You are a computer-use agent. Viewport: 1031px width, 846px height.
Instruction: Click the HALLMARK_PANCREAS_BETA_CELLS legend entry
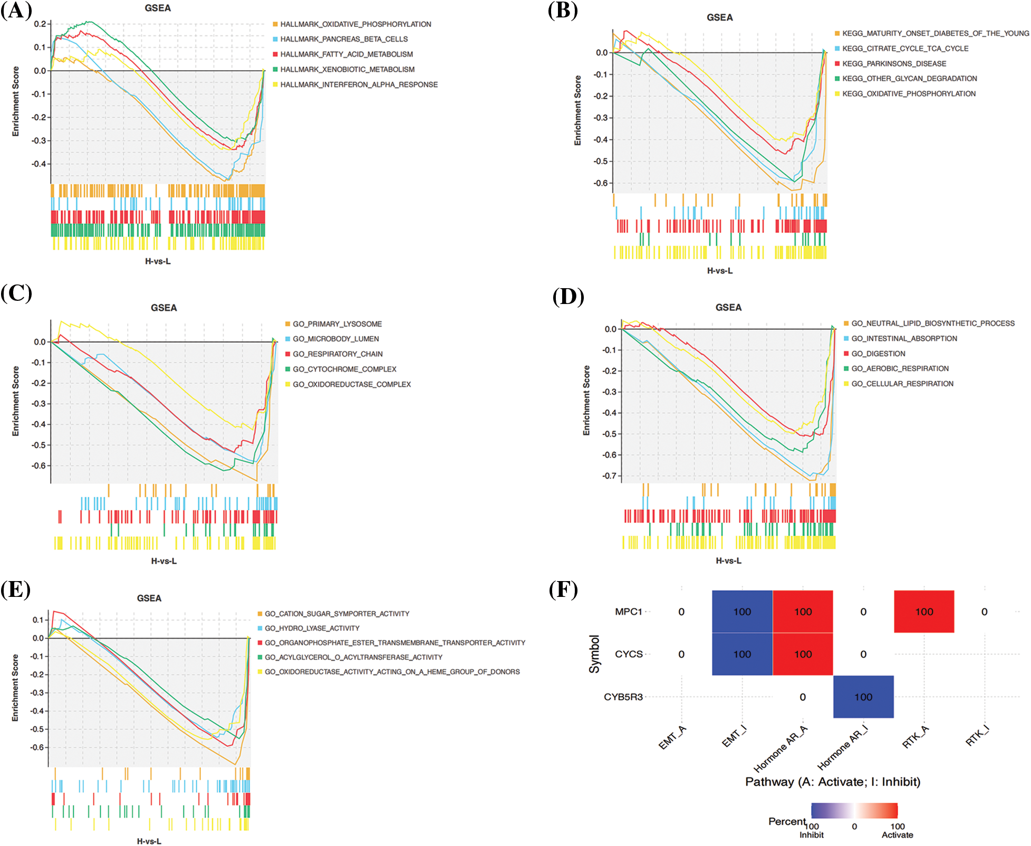coord(344,39)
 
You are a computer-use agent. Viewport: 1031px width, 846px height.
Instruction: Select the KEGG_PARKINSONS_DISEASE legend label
coord(894,64)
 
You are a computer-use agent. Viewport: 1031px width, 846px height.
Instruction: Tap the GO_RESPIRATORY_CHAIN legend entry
coord(338,354)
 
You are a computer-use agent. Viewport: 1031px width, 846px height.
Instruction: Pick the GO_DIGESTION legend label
coord(878,354)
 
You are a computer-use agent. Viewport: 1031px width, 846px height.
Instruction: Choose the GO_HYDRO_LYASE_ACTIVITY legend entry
coord(312,628)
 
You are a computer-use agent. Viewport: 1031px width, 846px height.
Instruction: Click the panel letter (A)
coord(16,11)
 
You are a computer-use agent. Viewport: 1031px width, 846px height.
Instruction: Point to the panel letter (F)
coord(563,590)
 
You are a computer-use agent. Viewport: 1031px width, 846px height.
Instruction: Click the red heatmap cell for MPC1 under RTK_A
coord(924,612)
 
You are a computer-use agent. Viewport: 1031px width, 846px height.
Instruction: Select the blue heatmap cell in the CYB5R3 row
coord(863,697)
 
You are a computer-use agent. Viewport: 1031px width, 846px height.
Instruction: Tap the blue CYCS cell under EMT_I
coord(742,654)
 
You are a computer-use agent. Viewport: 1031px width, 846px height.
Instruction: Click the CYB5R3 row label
coord(623,697)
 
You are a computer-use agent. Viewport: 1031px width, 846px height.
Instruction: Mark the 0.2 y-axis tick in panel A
coord(40,24)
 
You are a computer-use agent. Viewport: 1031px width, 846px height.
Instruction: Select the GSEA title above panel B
coord(719,17)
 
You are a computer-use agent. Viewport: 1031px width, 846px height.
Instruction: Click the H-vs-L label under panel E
coord(149,841)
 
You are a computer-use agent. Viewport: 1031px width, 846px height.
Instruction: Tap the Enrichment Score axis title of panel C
coord(16,401)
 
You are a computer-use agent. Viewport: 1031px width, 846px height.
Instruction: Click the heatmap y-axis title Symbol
coord(594,654)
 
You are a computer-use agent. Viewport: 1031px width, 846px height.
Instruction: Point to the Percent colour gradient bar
coord(854,810)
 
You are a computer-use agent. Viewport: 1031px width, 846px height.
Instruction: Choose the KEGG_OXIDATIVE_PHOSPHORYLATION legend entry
coord(909,94)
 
